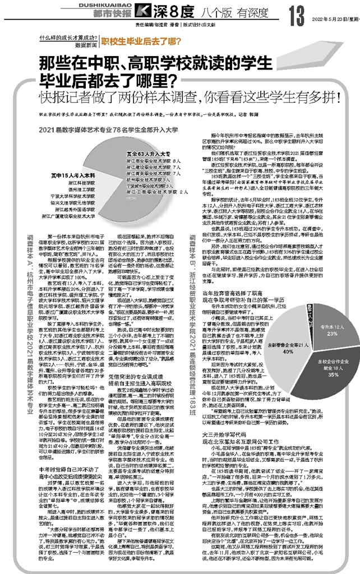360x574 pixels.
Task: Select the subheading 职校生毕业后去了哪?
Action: click(134, 41)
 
